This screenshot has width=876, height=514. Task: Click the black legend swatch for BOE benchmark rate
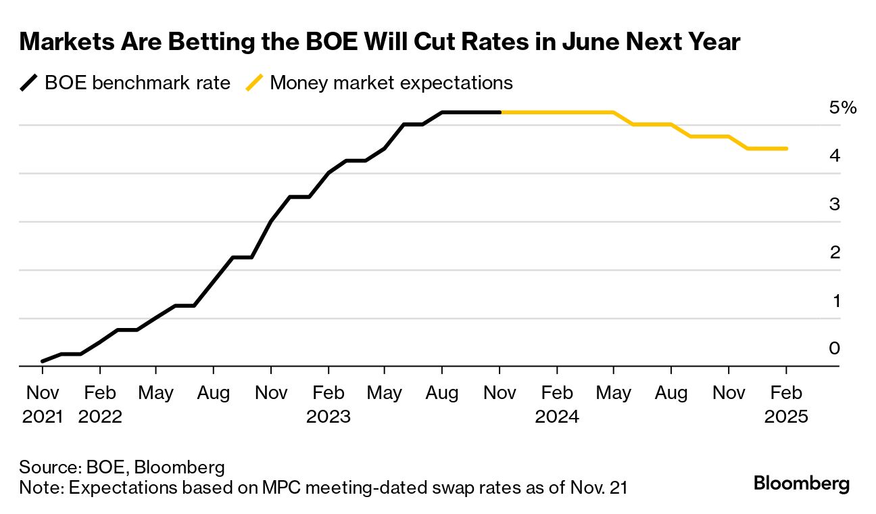pyautogui.click(x=29, y=83)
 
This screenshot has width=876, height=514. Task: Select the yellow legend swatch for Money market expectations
pyautogui.click(x=255, y=83)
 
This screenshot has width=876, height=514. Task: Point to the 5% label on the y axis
pyautogui.click(x=843, y=108)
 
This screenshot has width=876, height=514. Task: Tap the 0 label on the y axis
pyautogui.click(x=834, y=348)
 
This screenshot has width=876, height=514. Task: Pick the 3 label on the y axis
pyautogui.click(x=834, y=204)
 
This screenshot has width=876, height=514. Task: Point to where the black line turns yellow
pyautogui.click(x=500, y=112)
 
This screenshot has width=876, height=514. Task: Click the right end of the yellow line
pyautogui.click(x=787, y=149)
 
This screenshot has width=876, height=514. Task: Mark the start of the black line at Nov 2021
pyautogui.click(x=43, y=361)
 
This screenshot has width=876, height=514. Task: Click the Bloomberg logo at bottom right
pyautogui.click(x=801, y=484)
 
